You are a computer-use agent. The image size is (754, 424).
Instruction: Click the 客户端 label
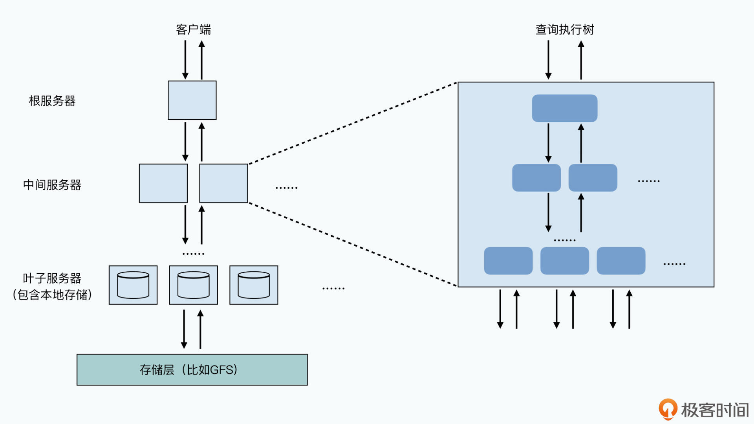(193, 29)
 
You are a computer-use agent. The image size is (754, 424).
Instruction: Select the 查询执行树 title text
(564, 29)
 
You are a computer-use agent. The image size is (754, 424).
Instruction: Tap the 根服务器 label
(52, 101)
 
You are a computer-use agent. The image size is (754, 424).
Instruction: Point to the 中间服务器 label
(52, 185)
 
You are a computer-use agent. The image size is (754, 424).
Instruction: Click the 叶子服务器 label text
(52, 278)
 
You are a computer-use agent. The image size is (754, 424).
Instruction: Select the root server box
(192, 100)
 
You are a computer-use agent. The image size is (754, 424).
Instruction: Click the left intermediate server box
(163, 183)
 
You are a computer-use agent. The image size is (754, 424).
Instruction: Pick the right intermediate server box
(223, 183)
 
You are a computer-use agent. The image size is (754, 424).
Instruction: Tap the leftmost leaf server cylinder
(133, 285)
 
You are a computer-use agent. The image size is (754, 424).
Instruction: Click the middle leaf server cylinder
(193, 285)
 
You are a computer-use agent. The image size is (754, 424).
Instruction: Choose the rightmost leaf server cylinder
(254, 285)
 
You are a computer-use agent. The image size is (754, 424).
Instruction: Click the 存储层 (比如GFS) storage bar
(192, 369)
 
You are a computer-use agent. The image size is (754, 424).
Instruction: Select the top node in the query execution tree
(564, 108)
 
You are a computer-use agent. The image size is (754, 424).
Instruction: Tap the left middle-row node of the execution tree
(536, 178)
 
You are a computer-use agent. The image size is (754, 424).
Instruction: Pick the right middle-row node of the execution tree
(593, 178)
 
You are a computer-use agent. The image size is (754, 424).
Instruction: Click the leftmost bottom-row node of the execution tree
(508, 261)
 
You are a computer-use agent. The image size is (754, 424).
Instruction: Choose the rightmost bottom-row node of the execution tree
(621, 261)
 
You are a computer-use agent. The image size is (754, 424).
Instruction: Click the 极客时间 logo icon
(668, 409)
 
